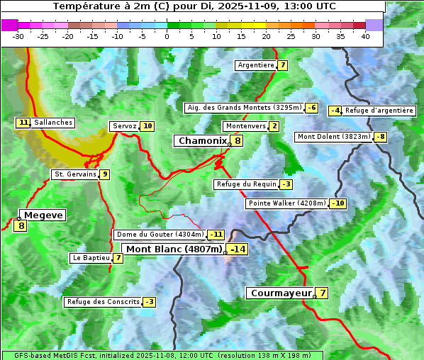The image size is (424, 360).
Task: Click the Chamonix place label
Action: coord(202,141)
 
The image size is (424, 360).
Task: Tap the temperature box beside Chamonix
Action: coord(238,141)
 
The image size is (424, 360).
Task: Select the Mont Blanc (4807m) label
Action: coord(174,249)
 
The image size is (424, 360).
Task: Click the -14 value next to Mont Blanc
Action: coord(238,249)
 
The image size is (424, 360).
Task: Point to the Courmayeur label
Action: coord(281,293)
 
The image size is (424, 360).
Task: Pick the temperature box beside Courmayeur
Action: coord(322,293)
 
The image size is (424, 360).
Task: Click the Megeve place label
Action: coord(44,215)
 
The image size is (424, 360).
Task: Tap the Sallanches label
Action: coord(53,123)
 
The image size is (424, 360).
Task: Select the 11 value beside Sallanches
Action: coord(23,123)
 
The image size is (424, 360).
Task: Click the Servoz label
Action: coord(124,126)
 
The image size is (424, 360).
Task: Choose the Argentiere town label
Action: coord(256,65)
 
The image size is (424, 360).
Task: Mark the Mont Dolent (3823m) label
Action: coord(334,137)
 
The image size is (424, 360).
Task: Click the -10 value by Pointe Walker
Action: coord(338,203)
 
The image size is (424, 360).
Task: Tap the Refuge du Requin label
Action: coord(245,184)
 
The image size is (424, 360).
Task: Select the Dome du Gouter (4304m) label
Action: coord(160,235)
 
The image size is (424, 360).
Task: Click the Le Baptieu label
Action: coord(91,258)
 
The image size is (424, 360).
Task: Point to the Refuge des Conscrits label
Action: coord(103,302)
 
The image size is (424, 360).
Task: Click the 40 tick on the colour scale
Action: coord(366,36)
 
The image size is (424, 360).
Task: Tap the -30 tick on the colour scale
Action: coord(18,36)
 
